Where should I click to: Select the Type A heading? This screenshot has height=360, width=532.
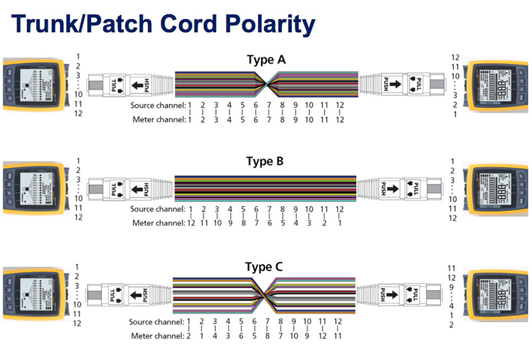(x=266, y=60)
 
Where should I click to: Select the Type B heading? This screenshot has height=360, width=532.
(x=266, y=161)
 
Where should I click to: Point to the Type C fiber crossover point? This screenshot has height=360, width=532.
(x=266, y=294)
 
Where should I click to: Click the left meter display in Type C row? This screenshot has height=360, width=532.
(x=30, y=293)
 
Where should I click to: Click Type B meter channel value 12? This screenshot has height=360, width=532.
(x=191, y=223)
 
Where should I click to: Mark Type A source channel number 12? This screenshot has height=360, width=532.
(x=340, y=105)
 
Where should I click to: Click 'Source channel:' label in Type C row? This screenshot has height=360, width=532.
(x=157, y=321)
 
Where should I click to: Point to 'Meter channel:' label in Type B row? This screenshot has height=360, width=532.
(x=158, y=223)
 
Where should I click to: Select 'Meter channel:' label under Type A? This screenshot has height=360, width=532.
(x=158, y=120)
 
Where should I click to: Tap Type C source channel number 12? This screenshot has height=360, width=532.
(x=338, y=321)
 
